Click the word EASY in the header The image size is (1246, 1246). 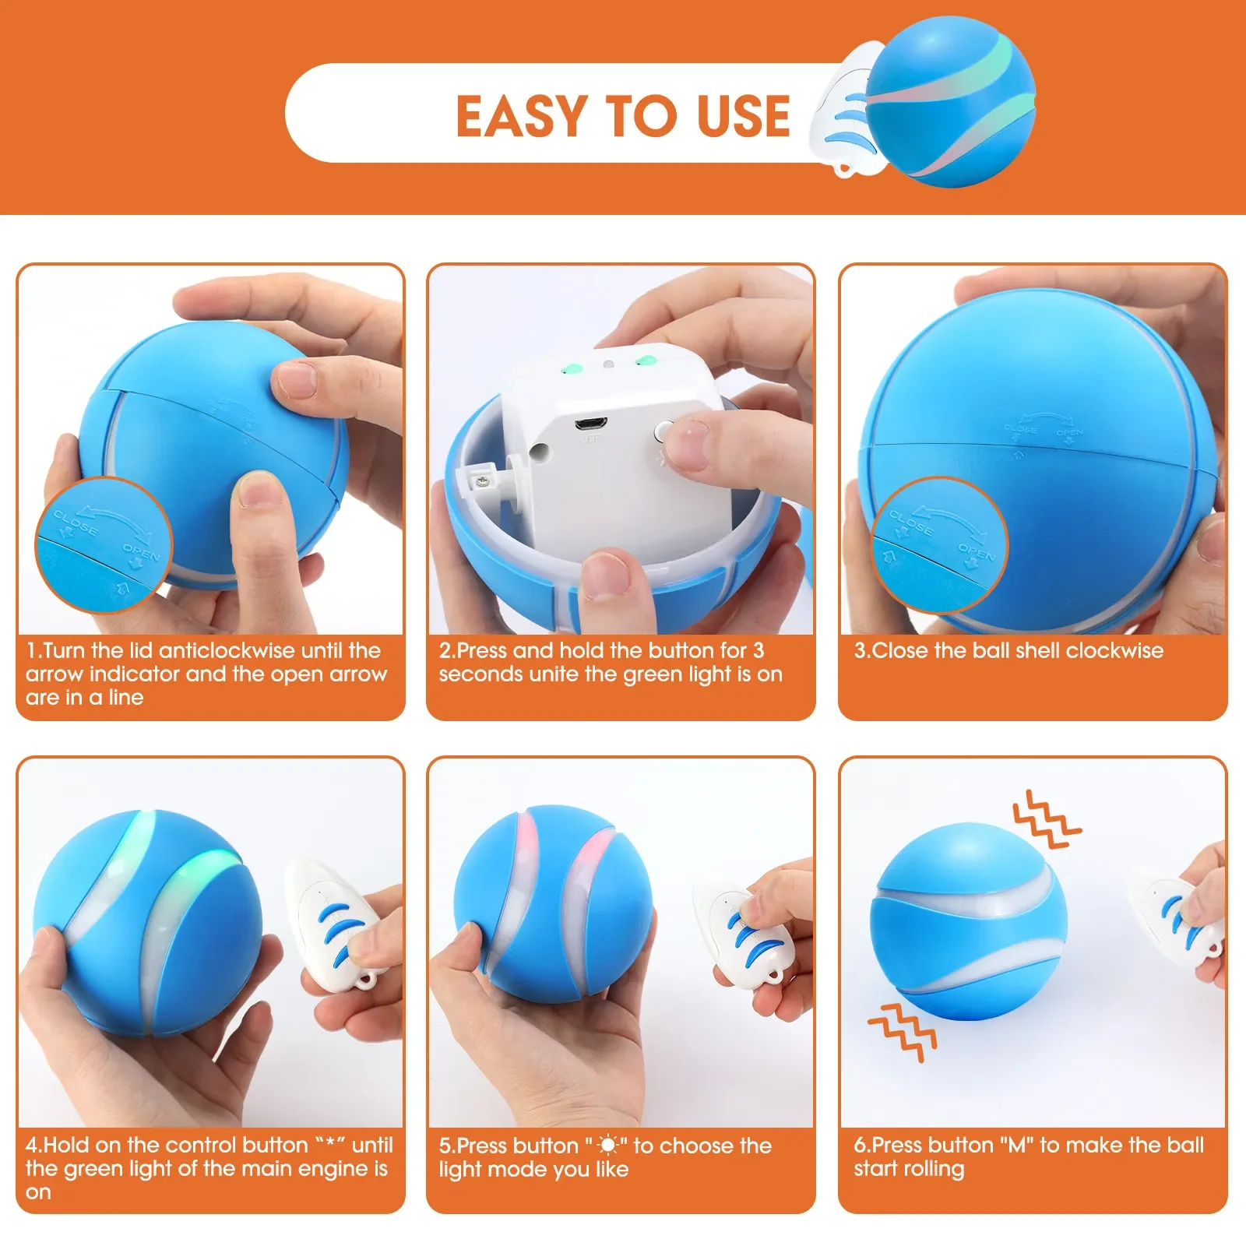click(x=521, y=117)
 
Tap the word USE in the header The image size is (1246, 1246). click(x=744, y=117)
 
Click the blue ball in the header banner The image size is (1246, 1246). click(x=950, y=101)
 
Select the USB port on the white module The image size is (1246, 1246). click(x=593, y=424)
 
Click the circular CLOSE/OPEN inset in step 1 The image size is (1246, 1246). click(x=104, y=545)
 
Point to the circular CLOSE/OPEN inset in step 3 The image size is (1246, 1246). click(x=938, y=545)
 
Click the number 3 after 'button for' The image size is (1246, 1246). click(x=758, y=650)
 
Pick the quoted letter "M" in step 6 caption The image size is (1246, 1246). click(x=1016, y=1145)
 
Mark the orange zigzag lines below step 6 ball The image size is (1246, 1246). click(x=903, y=1032)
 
